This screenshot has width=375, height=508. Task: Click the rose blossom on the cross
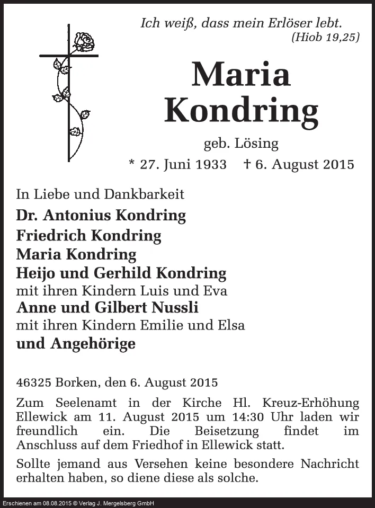83,42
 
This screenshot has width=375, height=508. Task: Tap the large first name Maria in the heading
241,75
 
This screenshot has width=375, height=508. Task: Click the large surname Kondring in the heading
241,110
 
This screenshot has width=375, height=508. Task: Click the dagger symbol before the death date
247,164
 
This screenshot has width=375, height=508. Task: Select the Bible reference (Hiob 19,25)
325,37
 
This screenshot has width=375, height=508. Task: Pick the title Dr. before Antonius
27,216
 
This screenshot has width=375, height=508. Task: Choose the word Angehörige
93,344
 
